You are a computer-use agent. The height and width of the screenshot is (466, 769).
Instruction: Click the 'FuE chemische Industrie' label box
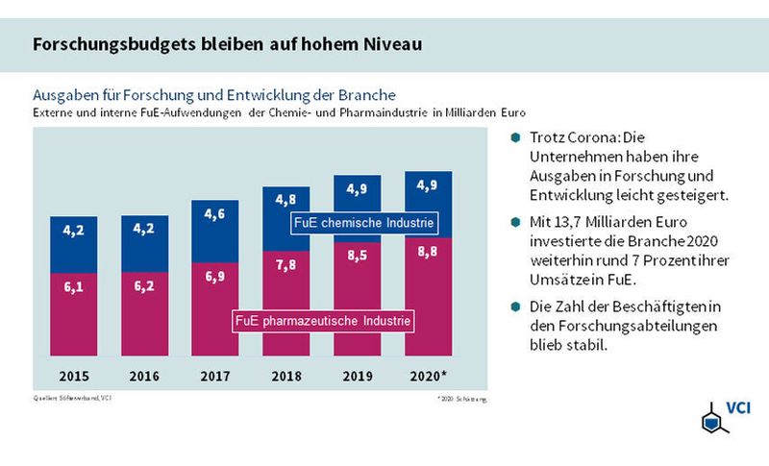click(x=363, y=224)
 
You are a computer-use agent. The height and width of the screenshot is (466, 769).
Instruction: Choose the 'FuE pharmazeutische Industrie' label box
click(x=322, y=319)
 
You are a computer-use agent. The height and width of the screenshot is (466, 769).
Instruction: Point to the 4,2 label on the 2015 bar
click(x=75, y=231)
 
